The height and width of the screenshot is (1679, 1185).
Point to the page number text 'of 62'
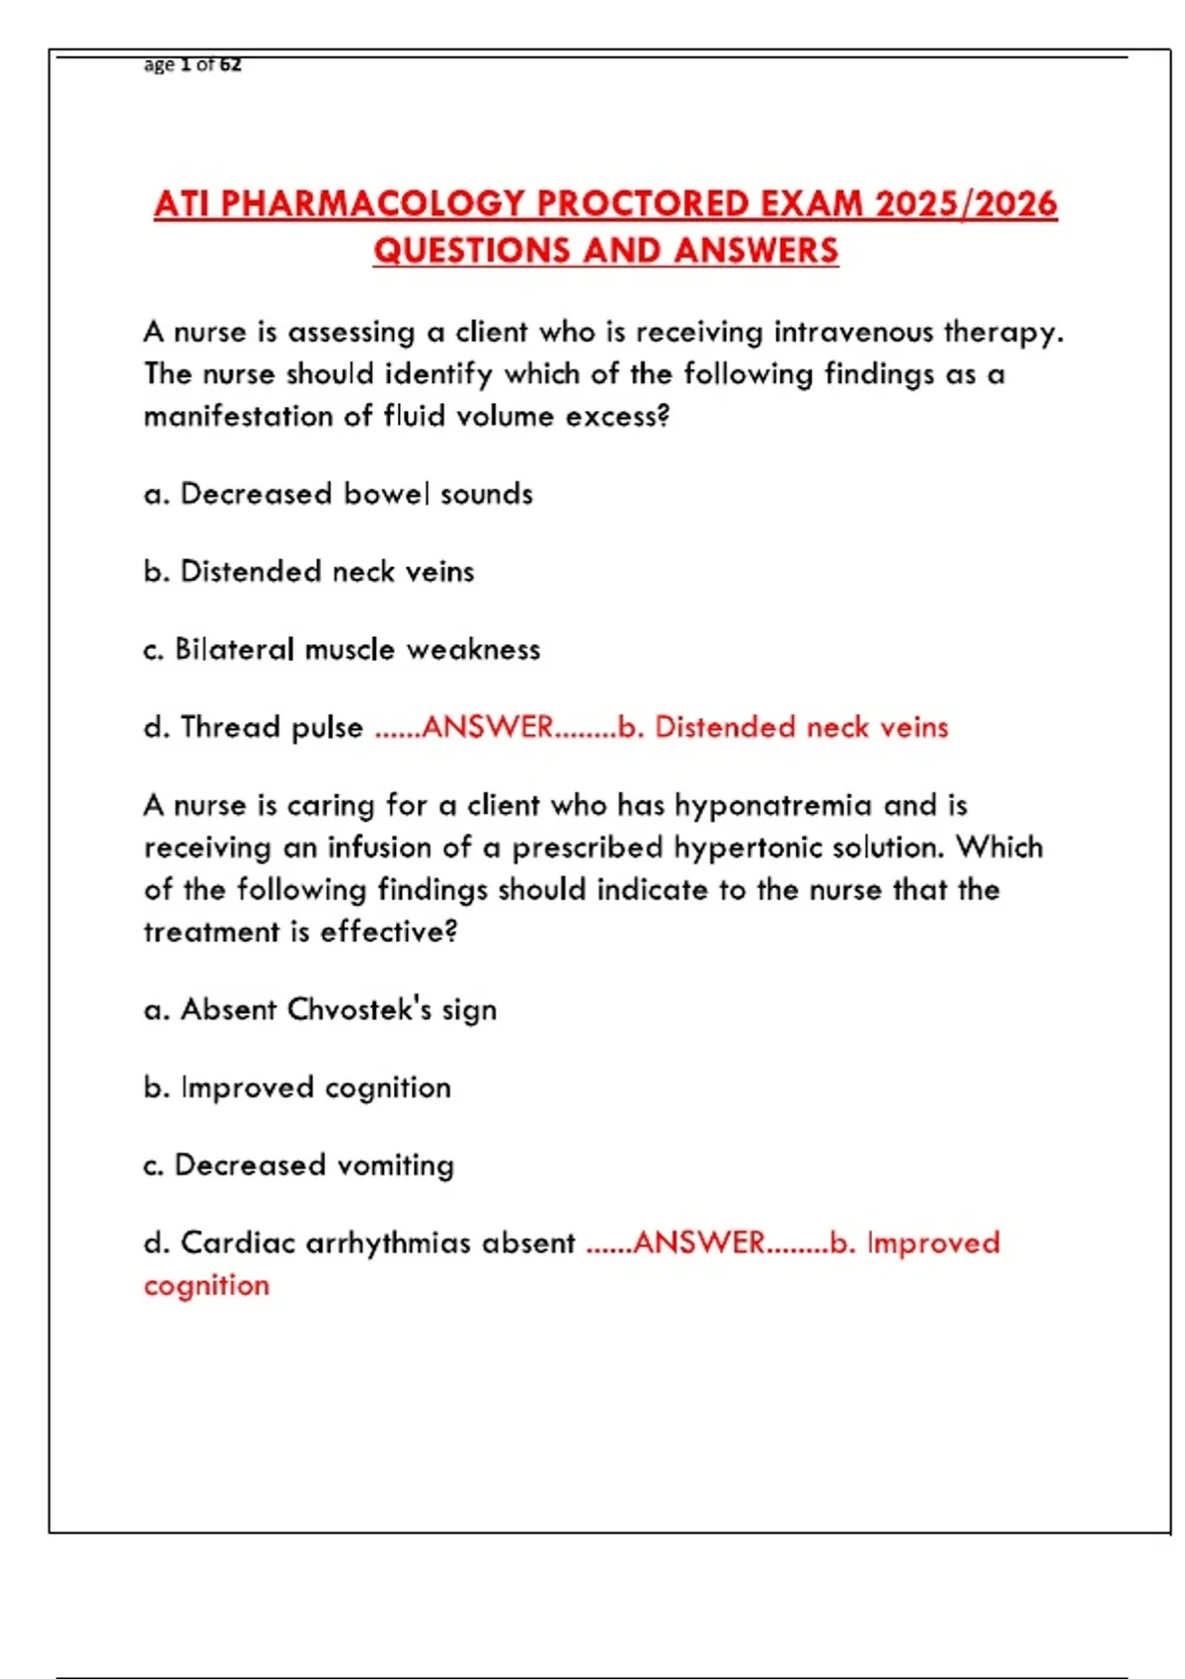click(218, 65)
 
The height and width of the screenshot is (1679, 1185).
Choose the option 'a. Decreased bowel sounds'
click(338, 494)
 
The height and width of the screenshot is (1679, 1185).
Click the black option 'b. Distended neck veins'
click(308, 572)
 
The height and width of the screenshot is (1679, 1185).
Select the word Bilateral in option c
click(234, 650)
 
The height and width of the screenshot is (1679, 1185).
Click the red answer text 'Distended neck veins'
click(801, 728)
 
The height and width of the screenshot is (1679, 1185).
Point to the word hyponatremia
click(772, 806)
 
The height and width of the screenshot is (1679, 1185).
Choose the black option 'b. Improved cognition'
click(296, 1088)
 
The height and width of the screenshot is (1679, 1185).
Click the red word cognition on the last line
click(206, 1286)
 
